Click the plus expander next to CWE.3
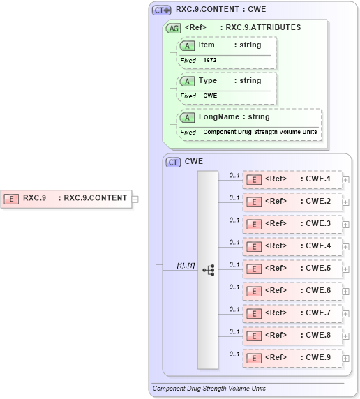(346, 224)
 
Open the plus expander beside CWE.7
(346, 313)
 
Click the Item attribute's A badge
(187, 45)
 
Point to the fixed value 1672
(210, 61)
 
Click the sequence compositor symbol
(208, 269)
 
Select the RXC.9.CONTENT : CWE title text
(220, 10)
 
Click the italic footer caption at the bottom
(209, 388)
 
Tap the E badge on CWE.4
(255, 246)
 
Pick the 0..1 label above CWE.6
(234, 286)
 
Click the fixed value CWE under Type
(210, 96)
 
